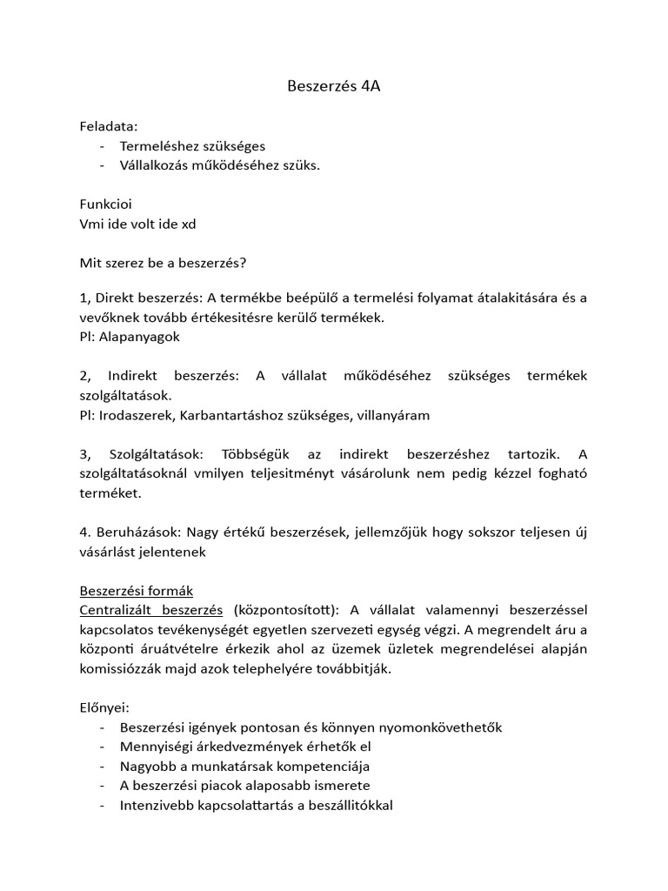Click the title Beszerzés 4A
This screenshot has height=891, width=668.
tap(334, 87)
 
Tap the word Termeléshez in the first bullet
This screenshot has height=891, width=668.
tap(157, 146)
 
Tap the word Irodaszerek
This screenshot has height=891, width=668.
tap(136, 415)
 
